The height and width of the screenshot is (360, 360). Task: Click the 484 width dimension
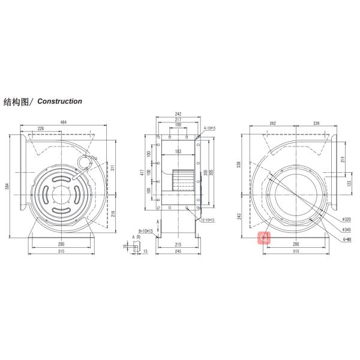point(64,122)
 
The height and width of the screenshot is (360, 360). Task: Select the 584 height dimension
point(7,186)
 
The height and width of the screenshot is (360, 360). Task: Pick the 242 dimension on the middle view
point(178,113)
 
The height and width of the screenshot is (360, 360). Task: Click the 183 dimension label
point(178,152)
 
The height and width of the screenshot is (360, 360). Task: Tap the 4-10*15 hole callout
point(209,128)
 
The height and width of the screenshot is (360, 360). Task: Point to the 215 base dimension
point(178,245)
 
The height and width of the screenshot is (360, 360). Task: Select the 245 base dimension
point(178,252)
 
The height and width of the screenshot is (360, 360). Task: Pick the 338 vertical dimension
point(239,163)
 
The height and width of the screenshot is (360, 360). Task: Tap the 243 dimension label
point(239,216)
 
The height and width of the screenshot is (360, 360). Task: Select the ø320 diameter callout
point(346,220)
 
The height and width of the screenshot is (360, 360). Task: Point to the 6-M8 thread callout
point(346,239)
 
